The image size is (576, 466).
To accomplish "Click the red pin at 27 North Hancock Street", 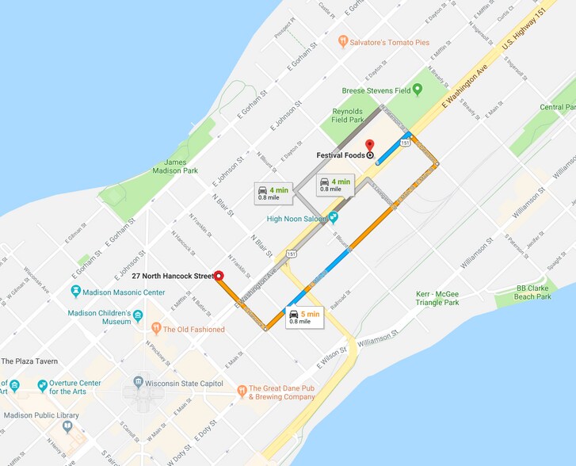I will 219,276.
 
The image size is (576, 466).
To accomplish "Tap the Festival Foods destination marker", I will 370,155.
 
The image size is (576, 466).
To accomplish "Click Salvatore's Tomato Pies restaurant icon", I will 343,41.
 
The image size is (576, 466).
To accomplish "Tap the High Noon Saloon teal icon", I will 334,217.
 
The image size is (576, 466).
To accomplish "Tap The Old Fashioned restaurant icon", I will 156,328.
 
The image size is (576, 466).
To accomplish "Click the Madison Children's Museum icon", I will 138,317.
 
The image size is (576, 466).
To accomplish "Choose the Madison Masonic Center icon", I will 76,292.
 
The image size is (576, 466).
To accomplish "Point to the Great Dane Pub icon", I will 242,391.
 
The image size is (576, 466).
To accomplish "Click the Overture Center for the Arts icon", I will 42,386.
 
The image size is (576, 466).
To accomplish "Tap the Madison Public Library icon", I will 67,426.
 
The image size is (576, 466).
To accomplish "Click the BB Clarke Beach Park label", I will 532,292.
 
